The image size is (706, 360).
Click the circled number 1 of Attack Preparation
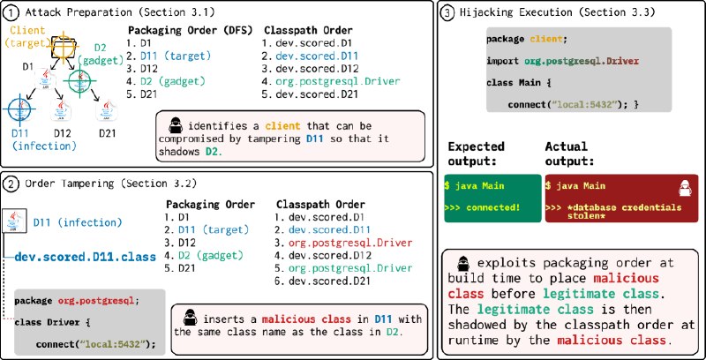click(x=11, y=12)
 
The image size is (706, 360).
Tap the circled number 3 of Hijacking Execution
click(x=447, y=12)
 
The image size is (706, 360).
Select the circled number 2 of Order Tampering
click(x=11, y=184)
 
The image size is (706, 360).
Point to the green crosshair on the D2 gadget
click(x=79, y=81)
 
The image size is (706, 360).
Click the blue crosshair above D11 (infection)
click(x=19, y=109)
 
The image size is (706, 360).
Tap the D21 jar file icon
click(x=107, y=110)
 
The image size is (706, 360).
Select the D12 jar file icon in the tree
click(x=62, y=110)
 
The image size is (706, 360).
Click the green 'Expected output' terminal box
click(x=492, y=198)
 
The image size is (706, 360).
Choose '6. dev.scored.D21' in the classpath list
click(x=322, y=281)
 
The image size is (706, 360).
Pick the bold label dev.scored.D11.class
click(x=86, y=257)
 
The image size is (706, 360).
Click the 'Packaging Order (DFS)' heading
click(x=190, y=31)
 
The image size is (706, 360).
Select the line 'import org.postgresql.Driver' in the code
click(x=562, y=60)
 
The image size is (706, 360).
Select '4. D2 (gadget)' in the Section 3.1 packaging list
click(x=166, y=82)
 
